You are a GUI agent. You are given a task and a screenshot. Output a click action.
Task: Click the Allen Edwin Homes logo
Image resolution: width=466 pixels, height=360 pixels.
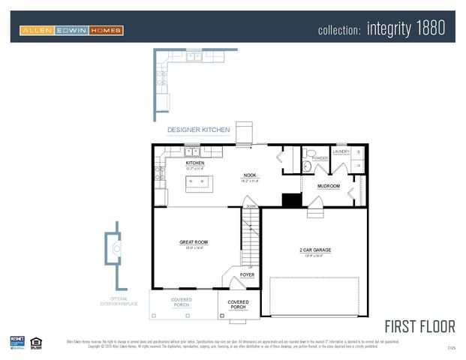72,30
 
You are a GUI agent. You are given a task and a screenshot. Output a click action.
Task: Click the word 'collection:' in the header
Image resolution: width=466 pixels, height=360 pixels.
340,30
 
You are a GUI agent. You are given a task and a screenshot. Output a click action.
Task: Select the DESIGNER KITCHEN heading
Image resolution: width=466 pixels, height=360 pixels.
198,130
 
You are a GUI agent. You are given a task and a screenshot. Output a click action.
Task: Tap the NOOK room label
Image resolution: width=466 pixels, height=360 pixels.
250,175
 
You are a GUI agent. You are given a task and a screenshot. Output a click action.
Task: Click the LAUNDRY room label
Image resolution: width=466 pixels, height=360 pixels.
341,151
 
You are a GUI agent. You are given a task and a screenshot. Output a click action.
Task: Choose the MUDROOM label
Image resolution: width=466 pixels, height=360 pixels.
329,186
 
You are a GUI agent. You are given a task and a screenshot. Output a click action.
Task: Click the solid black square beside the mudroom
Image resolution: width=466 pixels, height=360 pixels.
291,199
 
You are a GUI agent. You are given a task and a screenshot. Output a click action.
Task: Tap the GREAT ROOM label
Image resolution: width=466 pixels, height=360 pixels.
194,242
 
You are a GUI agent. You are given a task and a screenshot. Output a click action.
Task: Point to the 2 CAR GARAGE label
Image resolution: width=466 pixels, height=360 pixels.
315,250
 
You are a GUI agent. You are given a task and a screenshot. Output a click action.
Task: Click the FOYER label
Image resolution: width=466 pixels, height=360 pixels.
247,275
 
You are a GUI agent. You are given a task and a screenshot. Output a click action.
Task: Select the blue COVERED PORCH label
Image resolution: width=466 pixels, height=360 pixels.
182,302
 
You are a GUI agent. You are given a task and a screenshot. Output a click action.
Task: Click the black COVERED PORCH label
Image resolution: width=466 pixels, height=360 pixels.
239,304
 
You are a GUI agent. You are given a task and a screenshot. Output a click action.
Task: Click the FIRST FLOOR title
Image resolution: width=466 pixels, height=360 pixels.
419,326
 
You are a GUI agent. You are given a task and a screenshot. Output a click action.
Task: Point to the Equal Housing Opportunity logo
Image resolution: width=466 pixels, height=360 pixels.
37,342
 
